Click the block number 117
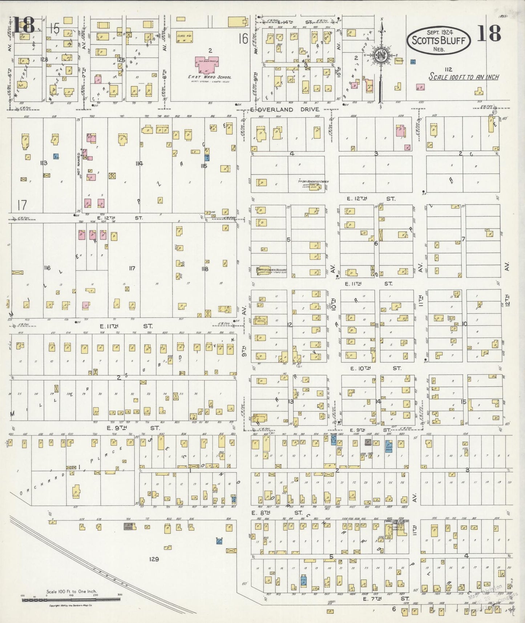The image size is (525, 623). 132,268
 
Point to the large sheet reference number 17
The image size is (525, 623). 22,205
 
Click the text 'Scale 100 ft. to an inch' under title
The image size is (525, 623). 464,77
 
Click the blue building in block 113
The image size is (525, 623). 56,156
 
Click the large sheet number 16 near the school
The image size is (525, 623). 243,39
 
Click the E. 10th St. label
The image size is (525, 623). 374,368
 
